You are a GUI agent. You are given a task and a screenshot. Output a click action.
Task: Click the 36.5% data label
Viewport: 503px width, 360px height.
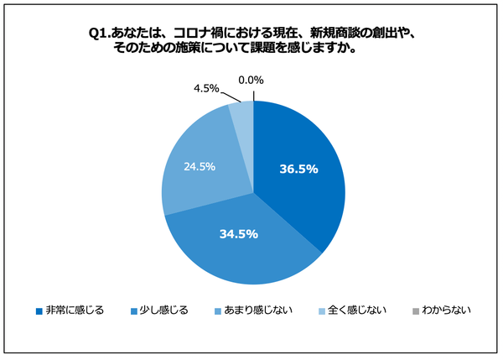coord(298,169)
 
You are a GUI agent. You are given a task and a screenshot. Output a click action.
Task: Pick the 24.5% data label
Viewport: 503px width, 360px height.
coord(199,166)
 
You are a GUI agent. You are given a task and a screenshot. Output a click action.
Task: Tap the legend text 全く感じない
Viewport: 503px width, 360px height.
coord(358,310)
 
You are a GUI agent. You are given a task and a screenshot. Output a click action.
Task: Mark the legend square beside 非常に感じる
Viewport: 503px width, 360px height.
coord(39,311)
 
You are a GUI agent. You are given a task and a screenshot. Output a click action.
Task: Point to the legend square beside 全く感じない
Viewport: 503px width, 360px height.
coord(323,311)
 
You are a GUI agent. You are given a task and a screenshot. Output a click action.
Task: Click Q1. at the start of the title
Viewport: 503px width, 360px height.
coord(101,33)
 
